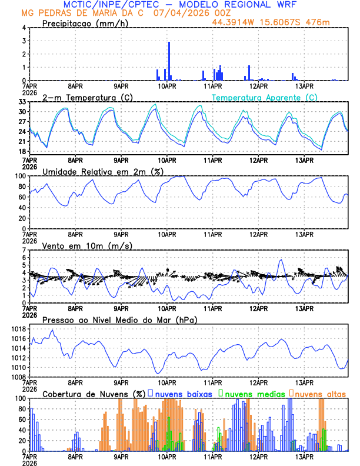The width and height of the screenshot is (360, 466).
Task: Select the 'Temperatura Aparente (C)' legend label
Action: coord(265,97)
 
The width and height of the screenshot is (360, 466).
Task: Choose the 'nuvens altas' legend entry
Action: coord(318,394)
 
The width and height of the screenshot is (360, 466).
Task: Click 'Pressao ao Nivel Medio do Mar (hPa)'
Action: coord(120,319)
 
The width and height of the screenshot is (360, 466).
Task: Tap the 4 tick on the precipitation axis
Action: coord(24,28)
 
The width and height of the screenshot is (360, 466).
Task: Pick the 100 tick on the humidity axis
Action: coord(19,176)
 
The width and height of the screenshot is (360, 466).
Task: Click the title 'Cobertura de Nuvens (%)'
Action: coord(94,394)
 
